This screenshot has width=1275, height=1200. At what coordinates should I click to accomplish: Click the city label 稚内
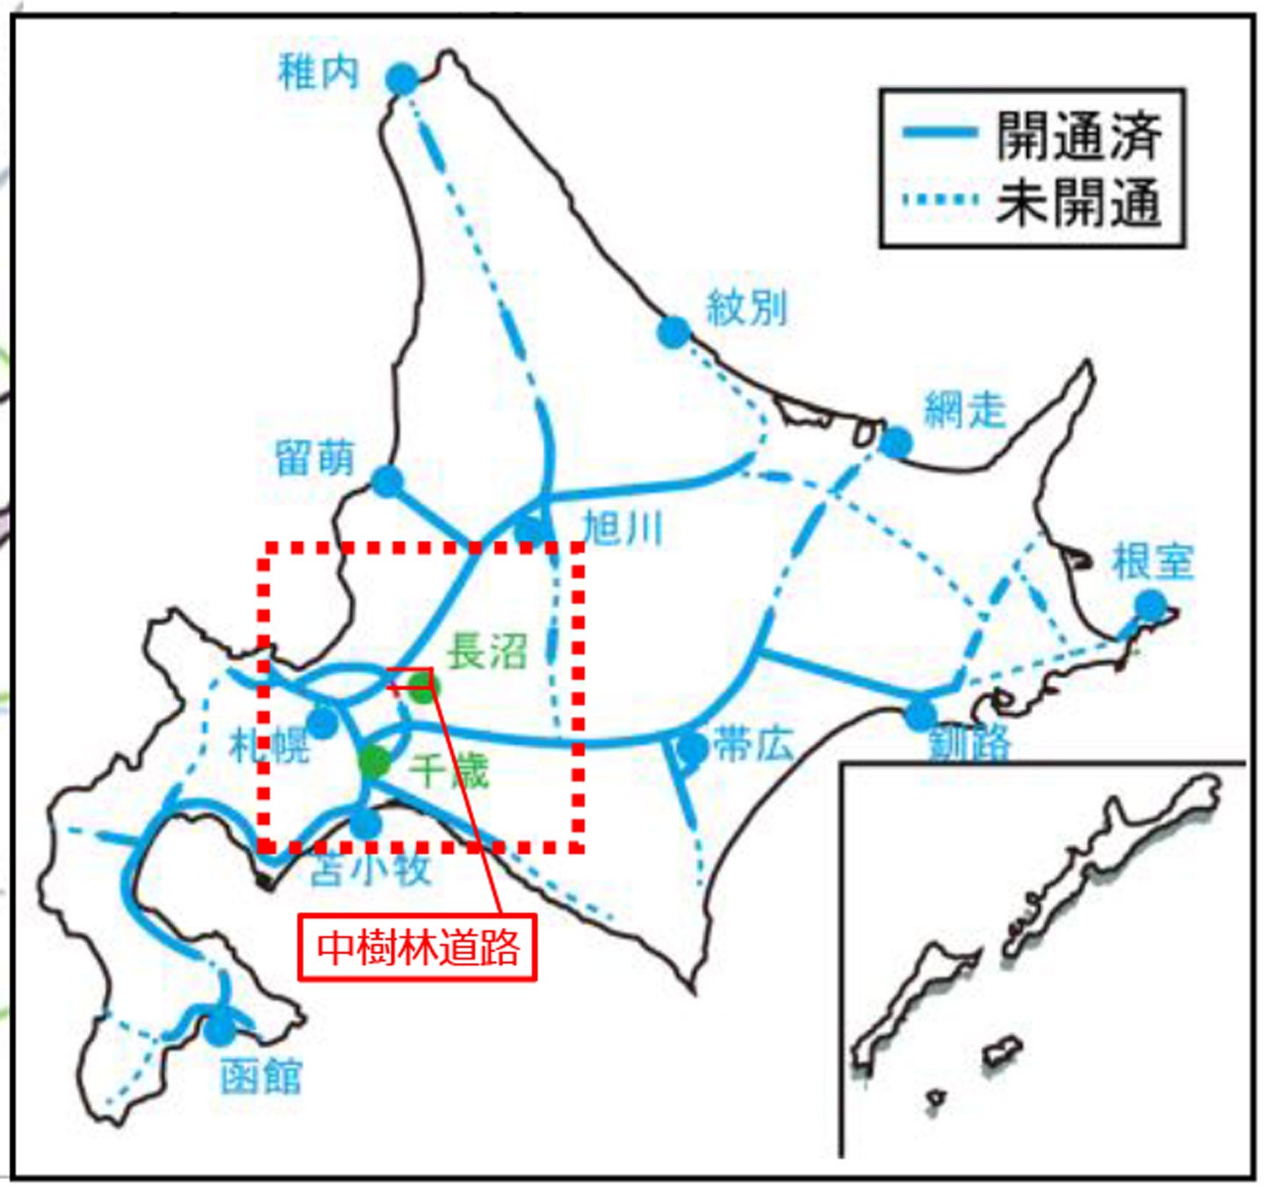tap(318, 71)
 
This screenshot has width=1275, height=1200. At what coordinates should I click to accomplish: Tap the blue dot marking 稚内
tap(402, 80)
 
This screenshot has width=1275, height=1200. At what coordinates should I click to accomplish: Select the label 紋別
tap(746, 308)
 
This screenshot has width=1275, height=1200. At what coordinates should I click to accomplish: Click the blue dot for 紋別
tap(674, 332)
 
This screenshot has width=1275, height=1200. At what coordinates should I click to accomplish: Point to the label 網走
tap(964, 410)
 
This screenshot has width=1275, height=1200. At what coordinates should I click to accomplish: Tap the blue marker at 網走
tap(896, 442)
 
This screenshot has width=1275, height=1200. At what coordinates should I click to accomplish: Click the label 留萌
tap(314, 458)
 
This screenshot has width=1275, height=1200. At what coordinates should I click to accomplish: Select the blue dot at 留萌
tap(387, 481)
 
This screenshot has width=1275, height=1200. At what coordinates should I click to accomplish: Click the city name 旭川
tap(623, 528)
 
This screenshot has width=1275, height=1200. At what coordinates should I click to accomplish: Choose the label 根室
tap(1153, 562)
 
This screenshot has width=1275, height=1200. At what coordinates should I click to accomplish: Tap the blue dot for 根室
tap(1149, 606)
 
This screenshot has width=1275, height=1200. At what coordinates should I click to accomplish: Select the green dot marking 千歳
tap(375, 762)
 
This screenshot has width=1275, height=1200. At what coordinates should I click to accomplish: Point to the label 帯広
tap(753, 744)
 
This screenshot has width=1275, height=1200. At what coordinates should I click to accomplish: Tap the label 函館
tap(261, 1076)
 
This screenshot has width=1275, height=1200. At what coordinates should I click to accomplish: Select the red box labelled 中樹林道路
tap(417, 947)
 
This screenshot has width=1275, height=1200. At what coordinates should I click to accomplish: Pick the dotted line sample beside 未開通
tap(940, 199)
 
